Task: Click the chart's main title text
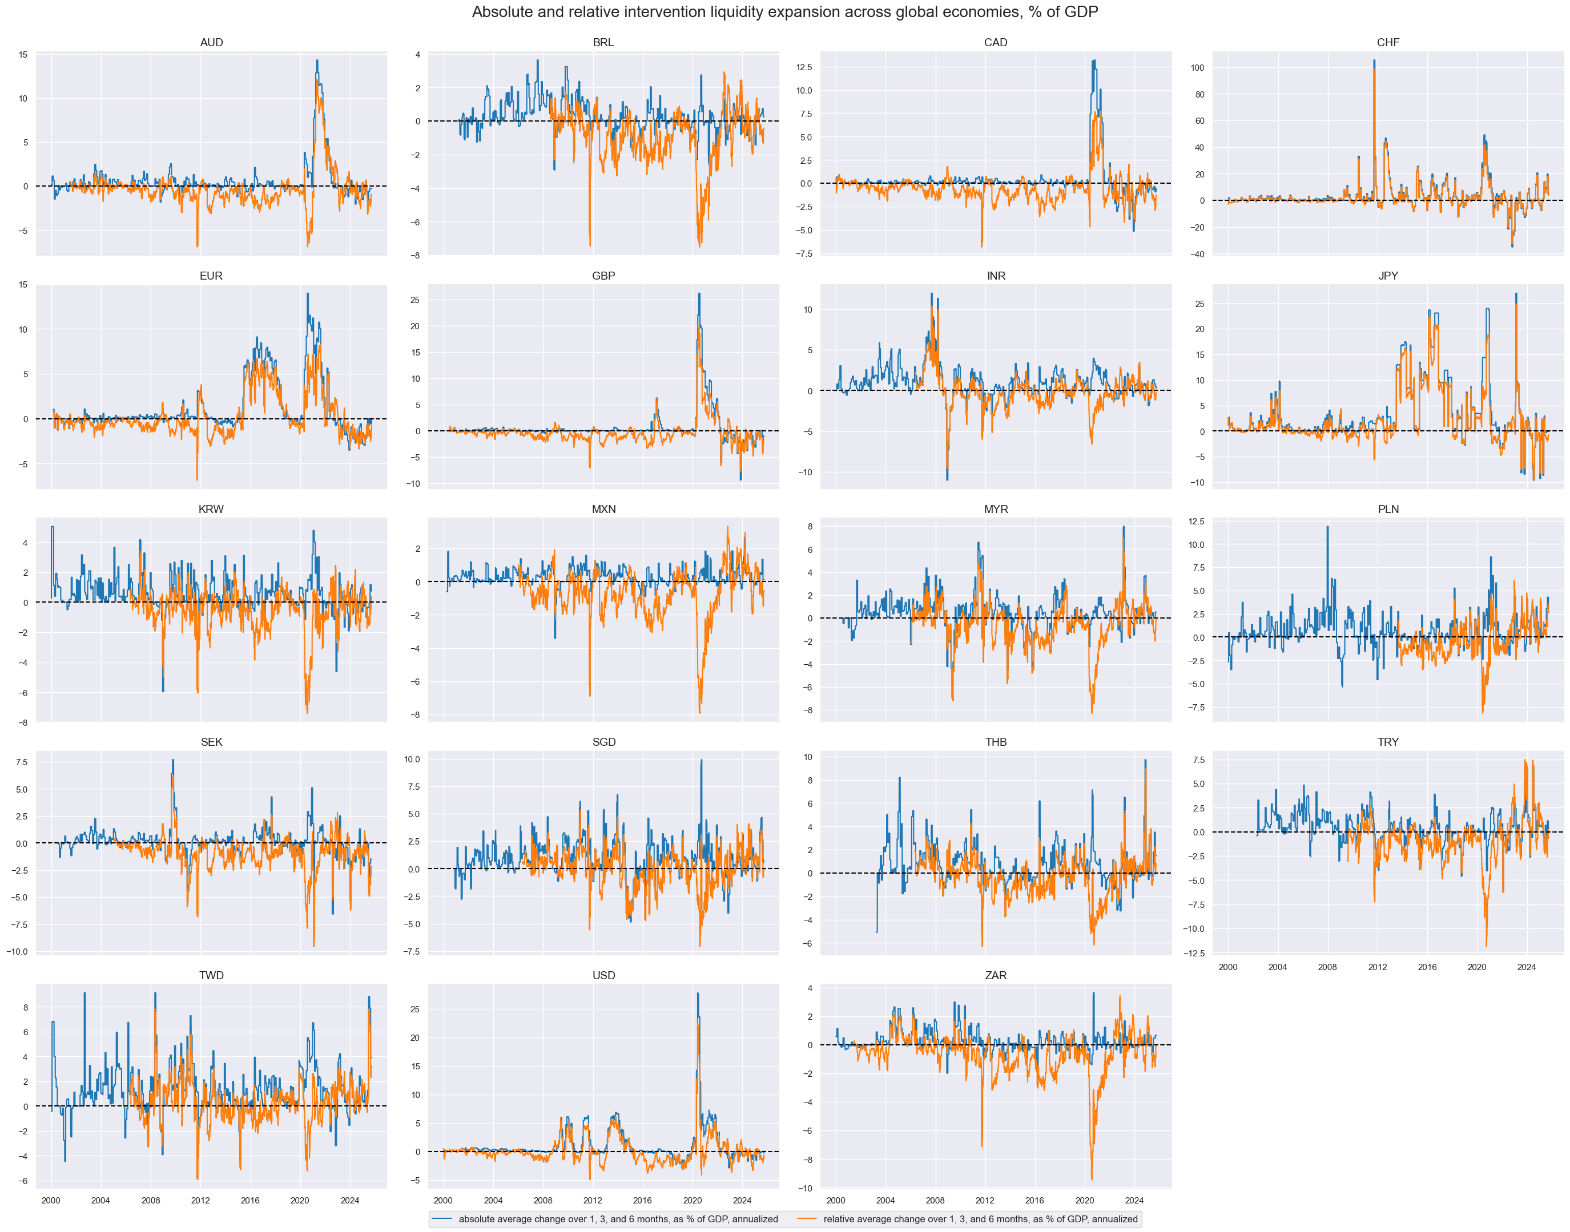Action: pyautogui.click(x=784, y=12)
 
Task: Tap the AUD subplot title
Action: pyautogui.click(x=211, y=43)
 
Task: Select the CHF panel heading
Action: pyautogui.click(x=1387, y=43)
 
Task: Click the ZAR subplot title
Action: pyautogui.click(x=996, y=975)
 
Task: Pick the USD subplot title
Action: pyautogui.click(x=603, y=975)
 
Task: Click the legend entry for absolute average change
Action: pyautogui.click(x=618, y=1219)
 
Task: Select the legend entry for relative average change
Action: pyautogui.click(x=980, y=1219)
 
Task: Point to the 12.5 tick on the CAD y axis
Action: pyautogui.click(x=803, y=67)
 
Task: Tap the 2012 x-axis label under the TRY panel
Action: pyautogui.click(x=1376, y=967)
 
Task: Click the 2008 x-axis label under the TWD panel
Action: pyautogui.click(x=150, y=1200)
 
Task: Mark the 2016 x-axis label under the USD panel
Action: pyautogui.click(x=642, y=1200)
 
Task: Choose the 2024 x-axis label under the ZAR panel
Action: pyautogui.click(x=1134, y=1200)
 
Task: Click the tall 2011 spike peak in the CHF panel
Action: pyautogui.click(x=1374, y=61)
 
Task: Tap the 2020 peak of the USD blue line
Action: pyautogui.click(x=697, y=993)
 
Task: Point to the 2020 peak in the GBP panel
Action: pyautogui.click(x=698, y=293)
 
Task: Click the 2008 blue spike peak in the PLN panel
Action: pyautogui.click(x=1327, y=527)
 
